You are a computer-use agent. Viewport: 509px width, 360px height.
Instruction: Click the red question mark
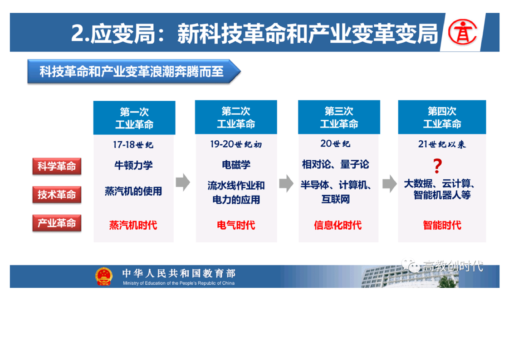pyautogui.click(x=438, y=166)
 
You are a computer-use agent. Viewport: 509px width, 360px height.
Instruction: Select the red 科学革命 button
pyautogui.click(x=57, y=166)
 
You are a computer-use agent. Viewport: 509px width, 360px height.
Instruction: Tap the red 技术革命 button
pyautogui.click(x=57, y=195)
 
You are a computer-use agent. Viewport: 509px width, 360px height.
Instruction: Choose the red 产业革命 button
pyautogui.click(x=57, y=223)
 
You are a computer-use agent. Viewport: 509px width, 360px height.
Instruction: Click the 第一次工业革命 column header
pyautogui.click(x=134, y=118)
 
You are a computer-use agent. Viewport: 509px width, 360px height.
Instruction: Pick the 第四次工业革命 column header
pyautogui.click(x=442, y=117)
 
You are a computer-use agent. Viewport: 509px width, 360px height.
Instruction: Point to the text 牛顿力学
pyautogui.click(x=133, y=165)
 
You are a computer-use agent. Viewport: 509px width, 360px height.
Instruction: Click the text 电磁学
pyautogui.click(x=236, y=165)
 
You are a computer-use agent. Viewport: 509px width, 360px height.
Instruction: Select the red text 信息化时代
pyautogui.click(x=338, y=225)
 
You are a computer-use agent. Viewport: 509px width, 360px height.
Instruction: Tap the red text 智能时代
pyautogui.click(x=442, y=225)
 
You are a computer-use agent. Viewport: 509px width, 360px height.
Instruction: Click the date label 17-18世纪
pyautogui.click(x=133, y=144)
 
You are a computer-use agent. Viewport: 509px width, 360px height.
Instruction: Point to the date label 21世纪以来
pyautogui.click(x=442, y=144)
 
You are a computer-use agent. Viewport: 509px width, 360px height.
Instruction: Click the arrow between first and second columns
pyautogui.click(x=183, y=182)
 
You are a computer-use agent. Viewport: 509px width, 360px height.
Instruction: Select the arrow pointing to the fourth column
pyautogui.click(x=389, y=183)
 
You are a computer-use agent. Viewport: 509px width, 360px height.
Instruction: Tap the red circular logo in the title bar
pyautogui.click(x=462, y=32)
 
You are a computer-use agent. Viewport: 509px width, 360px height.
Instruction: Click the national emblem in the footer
pyautogui.click(x=104, y=276)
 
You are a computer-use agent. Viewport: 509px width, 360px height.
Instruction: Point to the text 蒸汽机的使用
pyautogui.click(x=133, y=192)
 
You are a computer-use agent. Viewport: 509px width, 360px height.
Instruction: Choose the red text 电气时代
pyautogui.click(x=236, y=225)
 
